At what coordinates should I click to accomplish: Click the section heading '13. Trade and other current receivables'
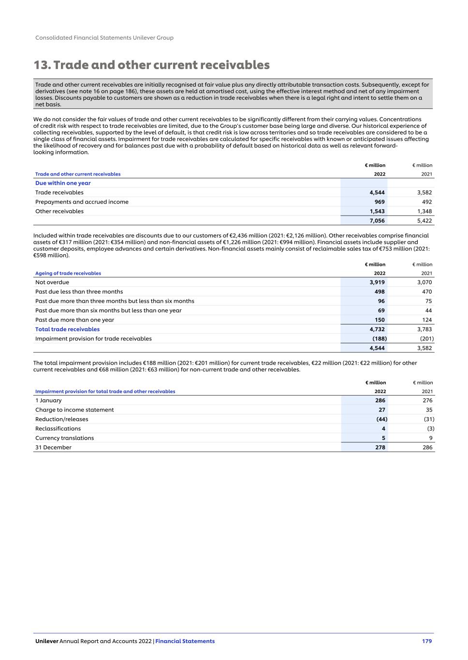point(151,65)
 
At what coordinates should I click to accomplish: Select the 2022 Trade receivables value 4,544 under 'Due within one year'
point(377,192)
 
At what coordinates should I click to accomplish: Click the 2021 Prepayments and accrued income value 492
point(426,202)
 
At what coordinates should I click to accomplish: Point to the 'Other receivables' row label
point(59,211)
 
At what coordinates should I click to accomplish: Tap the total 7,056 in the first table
point(377,220)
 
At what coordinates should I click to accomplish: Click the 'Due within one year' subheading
point(63,183)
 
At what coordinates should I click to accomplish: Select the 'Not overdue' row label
point(52,282)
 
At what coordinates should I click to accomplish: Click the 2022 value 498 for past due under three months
point(380,292)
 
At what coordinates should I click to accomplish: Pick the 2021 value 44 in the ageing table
point(428,310)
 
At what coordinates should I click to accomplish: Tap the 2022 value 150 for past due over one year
point(380,320)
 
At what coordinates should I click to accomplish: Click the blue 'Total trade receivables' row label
point(67,329)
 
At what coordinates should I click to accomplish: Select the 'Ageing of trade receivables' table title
point(68,273)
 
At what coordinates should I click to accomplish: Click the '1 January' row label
point(48,400)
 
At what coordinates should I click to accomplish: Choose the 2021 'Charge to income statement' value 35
point(429,410)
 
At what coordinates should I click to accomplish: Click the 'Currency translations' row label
point(64,438)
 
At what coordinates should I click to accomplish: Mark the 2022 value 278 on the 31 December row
point(380,447)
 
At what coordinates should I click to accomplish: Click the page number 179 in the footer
point(426,641)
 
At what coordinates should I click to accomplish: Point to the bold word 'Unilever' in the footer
point(47,641)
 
